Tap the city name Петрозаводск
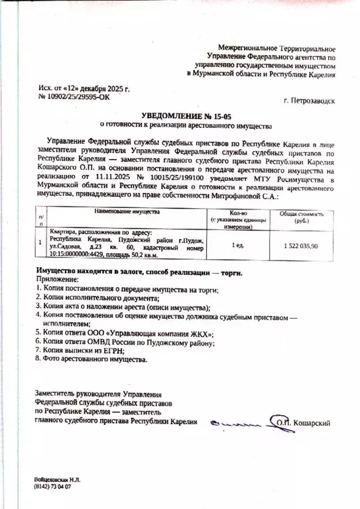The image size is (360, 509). tap(309, 101)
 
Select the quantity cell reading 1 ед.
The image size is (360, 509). tap(237, 246)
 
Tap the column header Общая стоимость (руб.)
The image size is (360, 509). tap(298, 217)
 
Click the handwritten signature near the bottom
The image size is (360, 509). tap(235, 420)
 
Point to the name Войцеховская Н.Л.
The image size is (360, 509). tap(60, 479)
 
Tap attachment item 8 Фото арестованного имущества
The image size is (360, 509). tap(93, 359)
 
